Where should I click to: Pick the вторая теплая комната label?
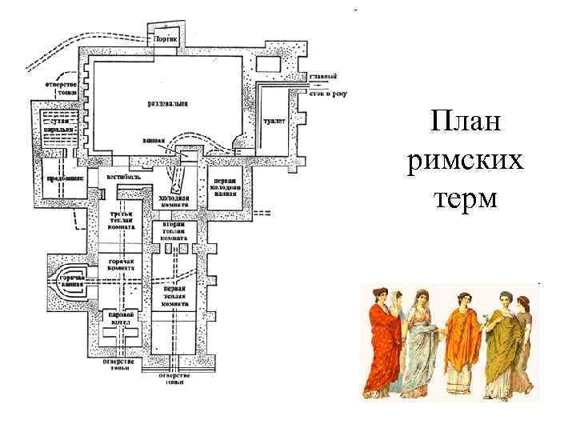click(x=174, y=232)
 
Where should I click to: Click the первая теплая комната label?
click(x=174, y=297)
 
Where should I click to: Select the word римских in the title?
click(x=465, y=162)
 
